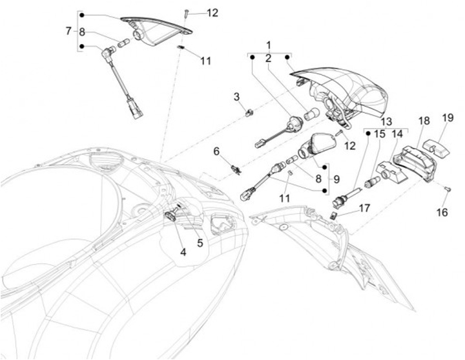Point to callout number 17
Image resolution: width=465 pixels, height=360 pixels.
(365, 208)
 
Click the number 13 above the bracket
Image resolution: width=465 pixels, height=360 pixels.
(386, 121)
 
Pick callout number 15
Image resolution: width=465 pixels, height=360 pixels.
(379, 134)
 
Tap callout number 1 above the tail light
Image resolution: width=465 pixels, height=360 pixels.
(269, 45)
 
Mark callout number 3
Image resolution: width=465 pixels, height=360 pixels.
(236, 97)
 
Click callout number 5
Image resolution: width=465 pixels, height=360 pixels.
(200, 243)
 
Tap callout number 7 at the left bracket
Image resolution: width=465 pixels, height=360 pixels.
(69, 30)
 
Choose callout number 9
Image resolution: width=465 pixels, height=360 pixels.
(335, 178)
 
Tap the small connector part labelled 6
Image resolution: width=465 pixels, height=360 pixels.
(235, 170)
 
